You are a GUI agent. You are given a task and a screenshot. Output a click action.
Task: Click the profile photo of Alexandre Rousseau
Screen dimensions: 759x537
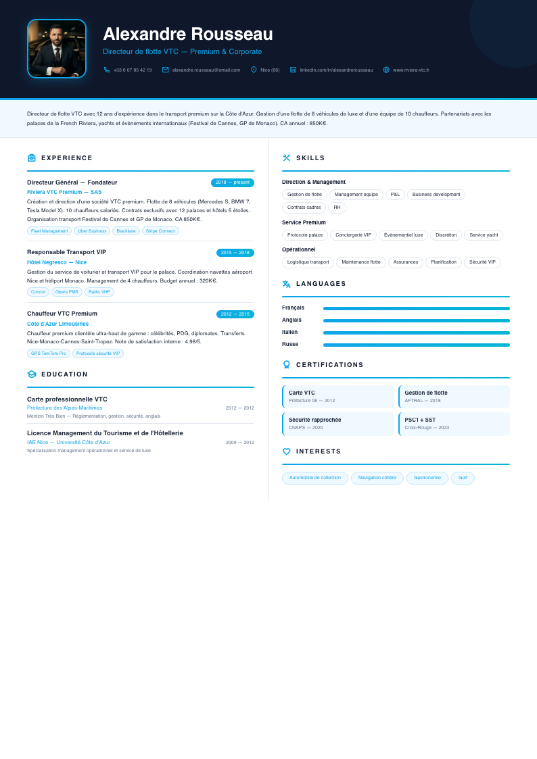coord(57,49)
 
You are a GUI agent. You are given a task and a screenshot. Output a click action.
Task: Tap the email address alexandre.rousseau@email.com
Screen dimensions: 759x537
coord(206,70)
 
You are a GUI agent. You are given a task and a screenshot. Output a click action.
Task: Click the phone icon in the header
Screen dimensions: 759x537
coord(107,70)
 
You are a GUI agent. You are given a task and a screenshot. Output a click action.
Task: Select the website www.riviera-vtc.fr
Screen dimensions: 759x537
coord(411,70)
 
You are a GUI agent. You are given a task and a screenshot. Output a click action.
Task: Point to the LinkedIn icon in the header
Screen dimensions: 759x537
coord(293,70)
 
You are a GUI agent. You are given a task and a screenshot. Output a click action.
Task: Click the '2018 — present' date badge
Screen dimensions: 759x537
coord(233,182)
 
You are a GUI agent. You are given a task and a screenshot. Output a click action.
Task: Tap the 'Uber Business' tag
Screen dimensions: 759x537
coord(92,231)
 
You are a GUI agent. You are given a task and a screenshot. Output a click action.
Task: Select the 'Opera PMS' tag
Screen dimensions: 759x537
coord(67,292)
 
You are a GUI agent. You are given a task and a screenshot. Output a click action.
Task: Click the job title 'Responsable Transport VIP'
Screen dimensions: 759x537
coord(66,252)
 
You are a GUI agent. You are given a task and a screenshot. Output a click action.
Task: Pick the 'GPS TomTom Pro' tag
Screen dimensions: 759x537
coord(49,353)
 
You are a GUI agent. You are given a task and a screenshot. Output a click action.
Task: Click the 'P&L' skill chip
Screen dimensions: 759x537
coord(395,195)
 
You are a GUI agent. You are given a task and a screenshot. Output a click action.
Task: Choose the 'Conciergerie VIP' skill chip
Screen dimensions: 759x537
coord(353,235)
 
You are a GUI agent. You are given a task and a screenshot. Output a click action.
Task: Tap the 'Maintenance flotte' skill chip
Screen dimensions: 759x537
coord(361,262)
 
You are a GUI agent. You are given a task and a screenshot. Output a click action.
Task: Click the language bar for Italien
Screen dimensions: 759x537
coord(416,333)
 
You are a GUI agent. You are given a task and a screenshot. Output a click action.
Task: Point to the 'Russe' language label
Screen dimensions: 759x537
coord(290,345)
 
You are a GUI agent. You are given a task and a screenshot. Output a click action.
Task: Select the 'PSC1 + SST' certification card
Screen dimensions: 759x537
coord(454,424)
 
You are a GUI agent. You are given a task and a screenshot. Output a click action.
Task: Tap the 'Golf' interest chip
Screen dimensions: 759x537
coord(463,478)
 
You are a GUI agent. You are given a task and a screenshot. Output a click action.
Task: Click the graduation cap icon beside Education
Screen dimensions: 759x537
coord(32,374)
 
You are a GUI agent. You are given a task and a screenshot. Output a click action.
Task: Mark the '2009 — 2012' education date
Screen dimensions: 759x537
coord(239,443)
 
